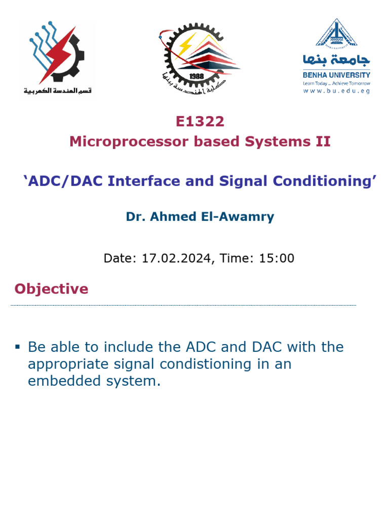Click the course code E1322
click(x=200, y=122)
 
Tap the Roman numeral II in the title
click(x=323, y=141)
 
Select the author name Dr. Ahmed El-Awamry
click(x=200, y=217)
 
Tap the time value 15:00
click(x=277, y=258)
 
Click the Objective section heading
click(x=51, y=289)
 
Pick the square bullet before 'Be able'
click(x=17, y=347)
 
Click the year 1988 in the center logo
click(x=196, y=76)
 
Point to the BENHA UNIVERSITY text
click(x=336, y=75)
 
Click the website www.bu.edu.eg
click(x=336, y=91)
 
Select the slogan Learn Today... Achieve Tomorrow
click(x=336, y=83)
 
